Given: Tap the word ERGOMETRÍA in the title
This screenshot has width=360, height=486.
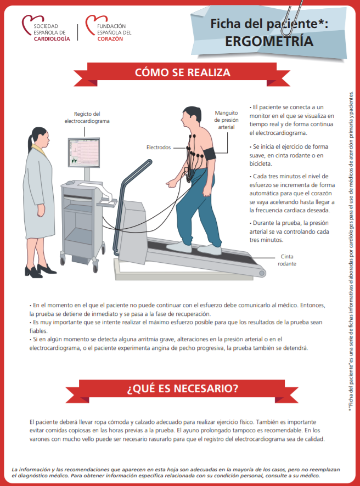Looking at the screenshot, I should (269, 42).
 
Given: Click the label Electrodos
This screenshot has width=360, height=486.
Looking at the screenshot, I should (159, 148).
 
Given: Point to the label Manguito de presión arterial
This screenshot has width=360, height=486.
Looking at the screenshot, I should (226, 120).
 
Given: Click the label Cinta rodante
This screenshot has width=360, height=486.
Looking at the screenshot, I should (288, 259).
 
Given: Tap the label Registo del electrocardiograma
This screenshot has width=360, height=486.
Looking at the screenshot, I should (87, 117).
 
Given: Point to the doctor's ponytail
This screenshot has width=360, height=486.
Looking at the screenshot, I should (29, 144).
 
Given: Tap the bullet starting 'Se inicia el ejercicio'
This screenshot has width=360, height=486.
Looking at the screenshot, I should (288, 155).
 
